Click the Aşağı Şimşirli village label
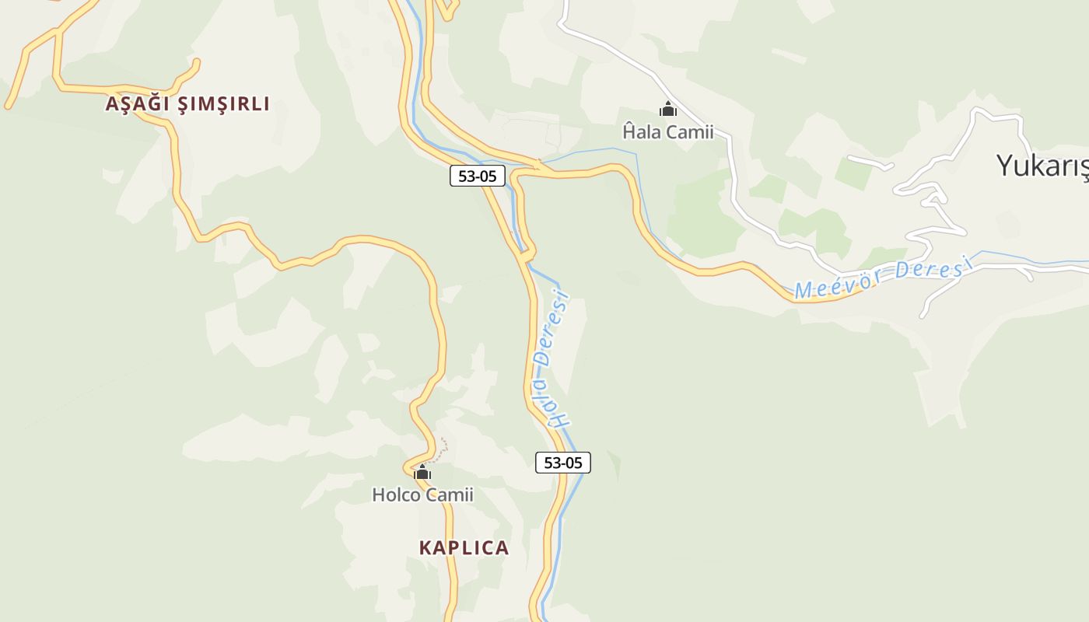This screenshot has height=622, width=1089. click(x=187, y=103)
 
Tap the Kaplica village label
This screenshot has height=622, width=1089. click(x=464, y=547)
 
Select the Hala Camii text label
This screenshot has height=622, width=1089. click(x=667, y=131)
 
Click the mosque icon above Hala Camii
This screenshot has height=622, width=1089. click(x=667, y=110)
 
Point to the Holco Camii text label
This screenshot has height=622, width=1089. click(x=422, y=494)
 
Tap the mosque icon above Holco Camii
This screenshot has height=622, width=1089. click(x=422, y=472)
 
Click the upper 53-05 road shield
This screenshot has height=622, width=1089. click(x=477, y=176)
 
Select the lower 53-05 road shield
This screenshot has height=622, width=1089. click(x=563, y=463)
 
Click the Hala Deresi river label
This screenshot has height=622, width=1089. click(x=554, y=359)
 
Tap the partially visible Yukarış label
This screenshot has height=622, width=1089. click(x=1041, y=165)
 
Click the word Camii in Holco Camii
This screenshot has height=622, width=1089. click(x=450, y=494)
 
